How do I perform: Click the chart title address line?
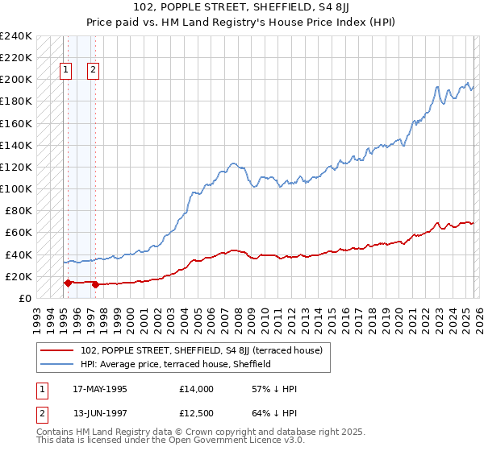(242, 7)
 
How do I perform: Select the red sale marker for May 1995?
(68, 283)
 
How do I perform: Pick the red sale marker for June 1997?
(95, 283)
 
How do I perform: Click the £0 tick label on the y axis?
(24, 298)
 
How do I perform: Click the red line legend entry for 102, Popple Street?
(202, 350)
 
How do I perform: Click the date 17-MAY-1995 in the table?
(100, 389)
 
